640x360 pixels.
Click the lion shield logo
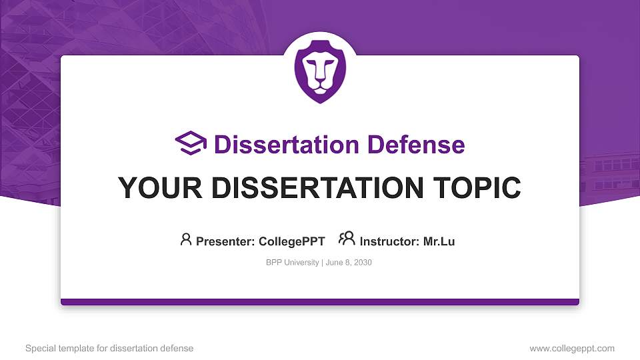(320, 73)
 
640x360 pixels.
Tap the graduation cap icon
(191, 143)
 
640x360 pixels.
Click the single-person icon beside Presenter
(186, 239)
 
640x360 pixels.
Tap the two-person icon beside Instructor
(347, 239)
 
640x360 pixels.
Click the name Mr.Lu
(439, 241)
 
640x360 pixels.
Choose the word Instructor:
(390, 241)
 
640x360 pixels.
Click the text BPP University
(292, 263)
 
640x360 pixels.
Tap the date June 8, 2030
(349, 263)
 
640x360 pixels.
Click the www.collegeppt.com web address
(572, 348)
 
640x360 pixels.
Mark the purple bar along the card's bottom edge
(320, 302)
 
